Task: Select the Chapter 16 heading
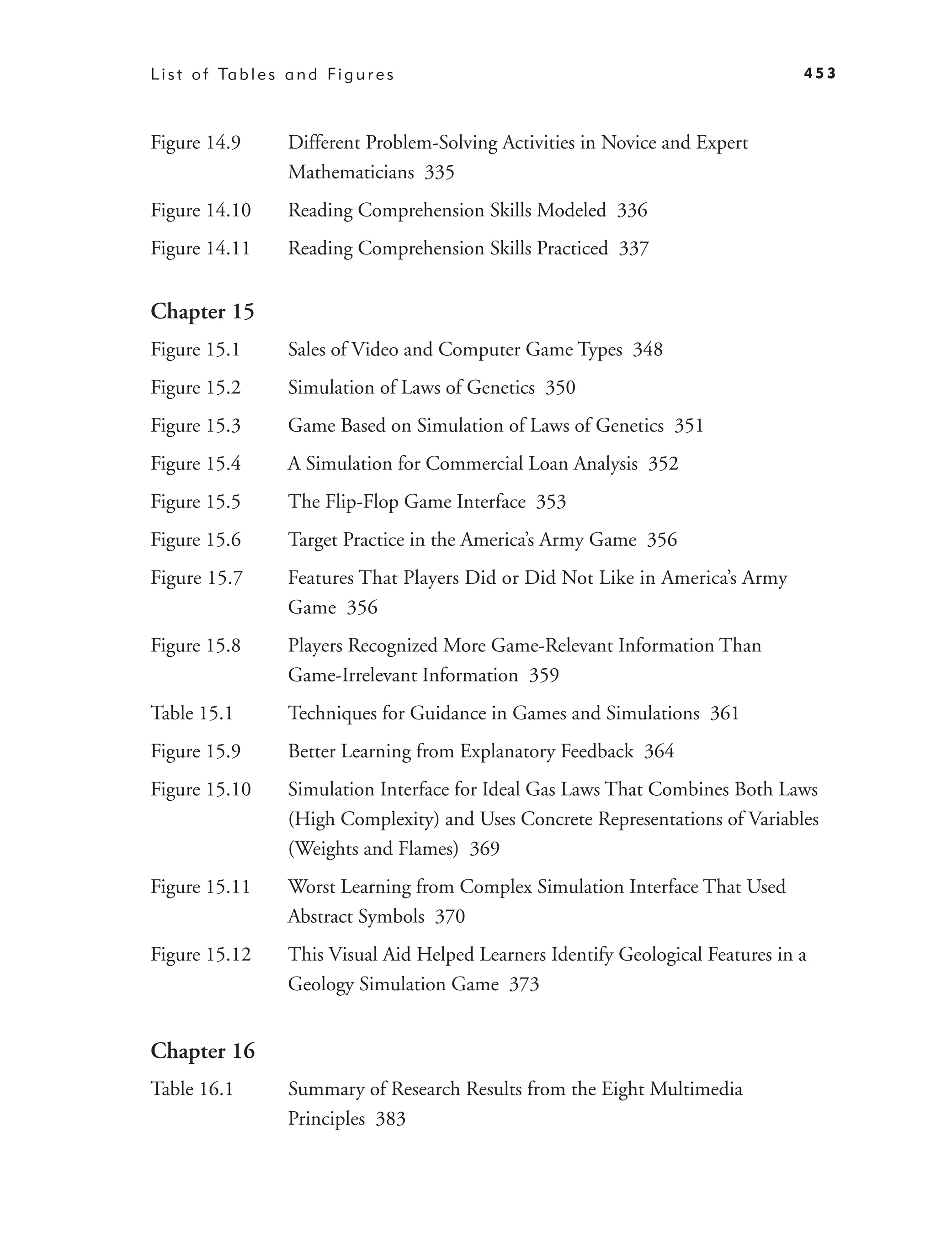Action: pyautogui.click(x=202, y=1051)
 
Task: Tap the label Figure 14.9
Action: pyautogui.click(x=196, y=143)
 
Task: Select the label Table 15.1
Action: pyautogui.click(x=192, y=713)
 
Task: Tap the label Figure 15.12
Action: pyautogui.click(x=201, y=954)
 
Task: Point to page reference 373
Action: pyautogui.click(x=524, y=984)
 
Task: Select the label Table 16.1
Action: pyautogui.click(x=192, y=1089)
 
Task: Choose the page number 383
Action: pyautogui.click(x=390, y=1119)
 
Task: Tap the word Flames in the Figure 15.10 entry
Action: pyautogui.click(x=425, y=849)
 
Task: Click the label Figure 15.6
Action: pyautogui.click(x=196, y=540)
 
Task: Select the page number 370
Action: pyautogui.click(x=450, y=916)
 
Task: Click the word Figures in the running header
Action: pyautogui.click(x=361, y=74)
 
